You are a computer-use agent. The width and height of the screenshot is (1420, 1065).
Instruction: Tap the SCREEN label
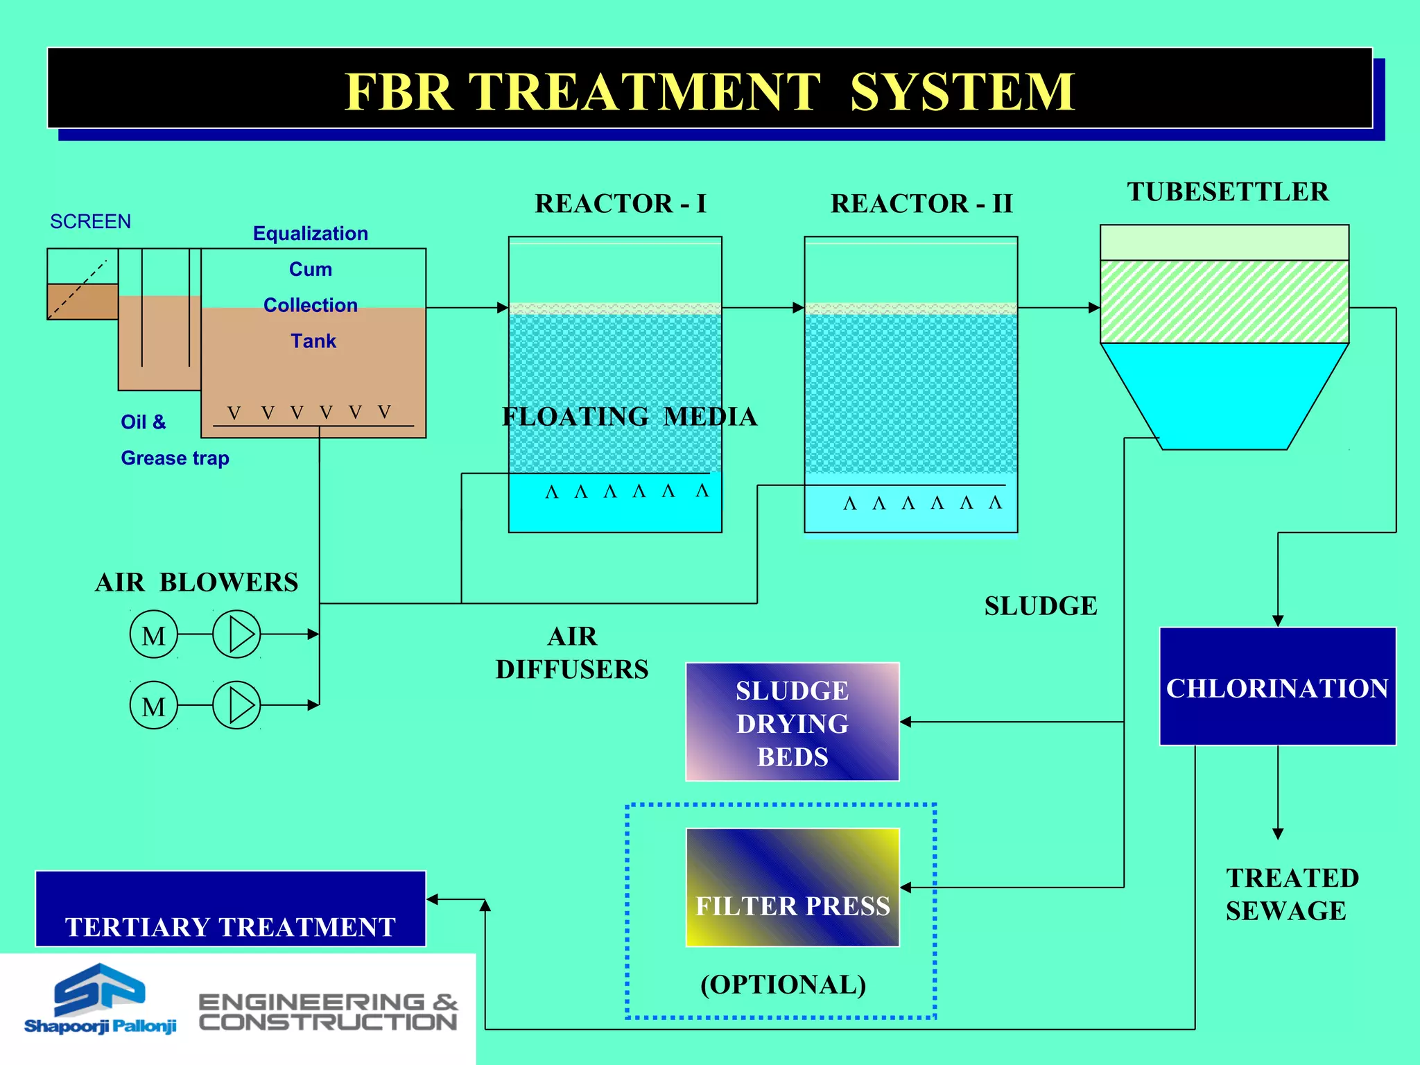pyautogui.click(x=90, y=221)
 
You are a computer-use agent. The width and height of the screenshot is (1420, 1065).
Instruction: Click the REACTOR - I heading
pyautogui.click(x=621, y=203)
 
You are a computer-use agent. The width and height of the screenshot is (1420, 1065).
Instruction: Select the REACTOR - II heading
pyautogui.click(x=921, y=203)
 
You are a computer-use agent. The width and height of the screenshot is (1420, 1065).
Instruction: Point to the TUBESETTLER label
pyautogui.click(x=1227, y=191)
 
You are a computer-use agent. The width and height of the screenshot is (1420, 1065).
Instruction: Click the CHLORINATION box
pyautogui.click(x=1277, y=686)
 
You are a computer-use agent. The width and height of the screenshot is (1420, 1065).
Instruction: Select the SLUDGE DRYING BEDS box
pyautogui.click(x=792, y=722)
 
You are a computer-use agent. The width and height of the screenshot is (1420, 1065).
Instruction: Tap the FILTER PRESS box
pyautogui.click(x=792, y=887)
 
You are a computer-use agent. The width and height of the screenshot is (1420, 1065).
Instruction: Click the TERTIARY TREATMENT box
pyautogui.click(x=230, y=909)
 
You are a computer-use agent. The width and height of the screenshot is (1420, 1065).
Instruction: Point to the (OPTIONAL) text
pyautogui.click(x=783, y=984)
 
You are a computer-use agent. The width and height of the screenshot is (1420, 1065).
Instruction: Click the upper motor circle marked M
pyautogui.click(x=154, y=634)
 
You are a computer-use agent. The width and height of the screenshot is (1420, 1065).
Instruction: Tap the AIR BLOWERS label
pyautogui.click(x=196, y=582)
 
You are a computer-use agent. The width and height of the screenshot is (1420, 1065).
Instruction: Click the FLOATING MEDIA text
pyautogui.click(x=629, y=416)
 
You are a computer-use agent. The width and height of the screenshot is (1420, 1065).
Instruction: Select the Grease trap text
pyautogui.click(x=175, y=458)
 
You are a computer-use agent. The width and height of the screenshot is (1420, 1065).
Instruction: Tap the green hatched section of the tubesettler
pyautogui.click(x=1224, y=302)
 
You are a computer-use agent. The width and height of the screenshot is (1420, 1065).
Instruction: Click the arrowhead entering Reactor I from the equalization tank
pyautogui.click(x=503, y=308)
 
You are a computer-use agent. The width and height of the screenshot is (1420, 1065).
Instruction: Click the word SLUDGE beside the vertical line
pyautogui.click(x=1040, y=606)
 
